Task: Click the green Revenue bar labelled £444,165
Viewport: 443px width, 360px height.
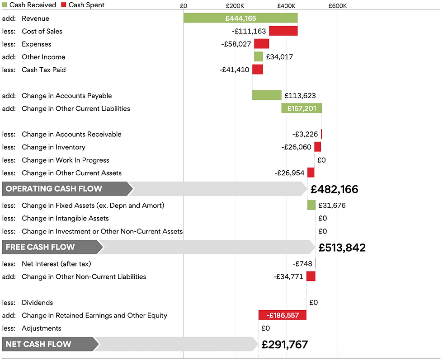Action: click(240, 18)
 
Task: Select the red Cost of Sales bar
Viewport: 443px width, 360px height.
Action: click(283, 31)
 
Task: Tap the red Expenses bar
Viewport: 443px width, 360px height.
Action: click(261, 44)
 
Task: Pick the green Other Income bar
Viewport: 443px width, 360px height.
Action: click(258, 56)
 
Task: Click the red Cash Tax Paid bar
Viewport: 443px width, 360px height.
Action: click(257, 70)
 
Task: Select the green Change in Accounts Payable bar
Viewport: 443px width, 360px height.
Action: click(267, 95)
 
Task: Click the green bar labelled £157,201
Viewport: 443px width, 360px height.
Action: click(302, 108)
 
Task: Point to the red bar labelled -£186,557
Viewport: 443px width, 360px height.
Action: click(282, 315)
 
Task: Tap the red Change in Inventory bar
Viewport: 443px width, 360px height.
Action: click(318, 147)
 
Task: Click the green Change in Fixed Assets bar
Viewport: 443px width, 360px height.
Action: click(311, 205)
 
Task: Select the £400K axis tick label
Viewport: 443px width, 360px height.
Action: click(287, 6)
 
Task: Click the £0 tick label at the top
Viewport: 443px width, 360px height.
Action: click(184, 6)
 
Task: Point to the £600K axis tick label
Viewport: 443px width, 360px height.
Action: click(338, 6)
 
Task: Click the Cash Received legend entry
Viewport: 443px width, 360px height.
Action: click(29, 5)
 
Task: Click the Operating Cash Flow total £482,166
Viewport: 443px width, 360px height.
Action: click(334, 189)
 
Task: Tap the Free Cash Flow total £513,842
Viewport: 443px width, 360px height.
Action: click(342, 248)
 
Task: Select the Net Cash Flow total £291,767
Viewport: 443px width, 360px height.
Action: click(284, 345)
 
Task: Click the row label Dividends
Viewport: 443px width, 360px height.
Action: click(37, 302)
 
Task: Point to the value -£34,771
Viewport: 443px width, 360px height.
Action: click(288, 276)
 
